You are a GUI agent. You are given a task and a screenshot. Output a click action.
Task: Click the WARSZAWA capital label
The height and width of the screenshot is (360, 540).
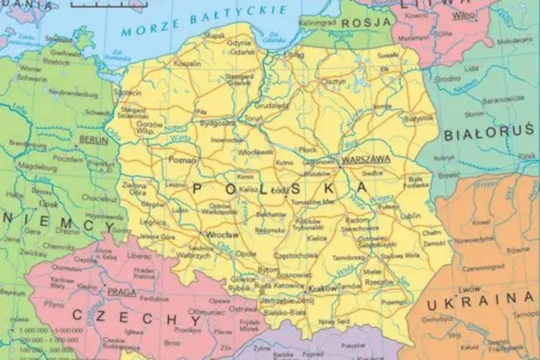[x=366, y=159]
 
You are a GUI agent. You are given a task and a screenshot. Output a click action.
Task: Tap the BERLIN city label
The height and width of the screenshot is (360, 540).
[x=94, y=140]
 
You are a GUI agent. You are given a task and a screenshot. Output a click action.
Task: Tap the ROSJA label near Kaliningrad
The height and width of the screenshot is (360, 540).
[x=366, y=23]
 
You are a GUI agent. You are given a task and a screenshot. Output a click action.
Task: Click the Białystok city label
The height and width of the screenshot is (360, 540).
[x=419, y=117]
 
